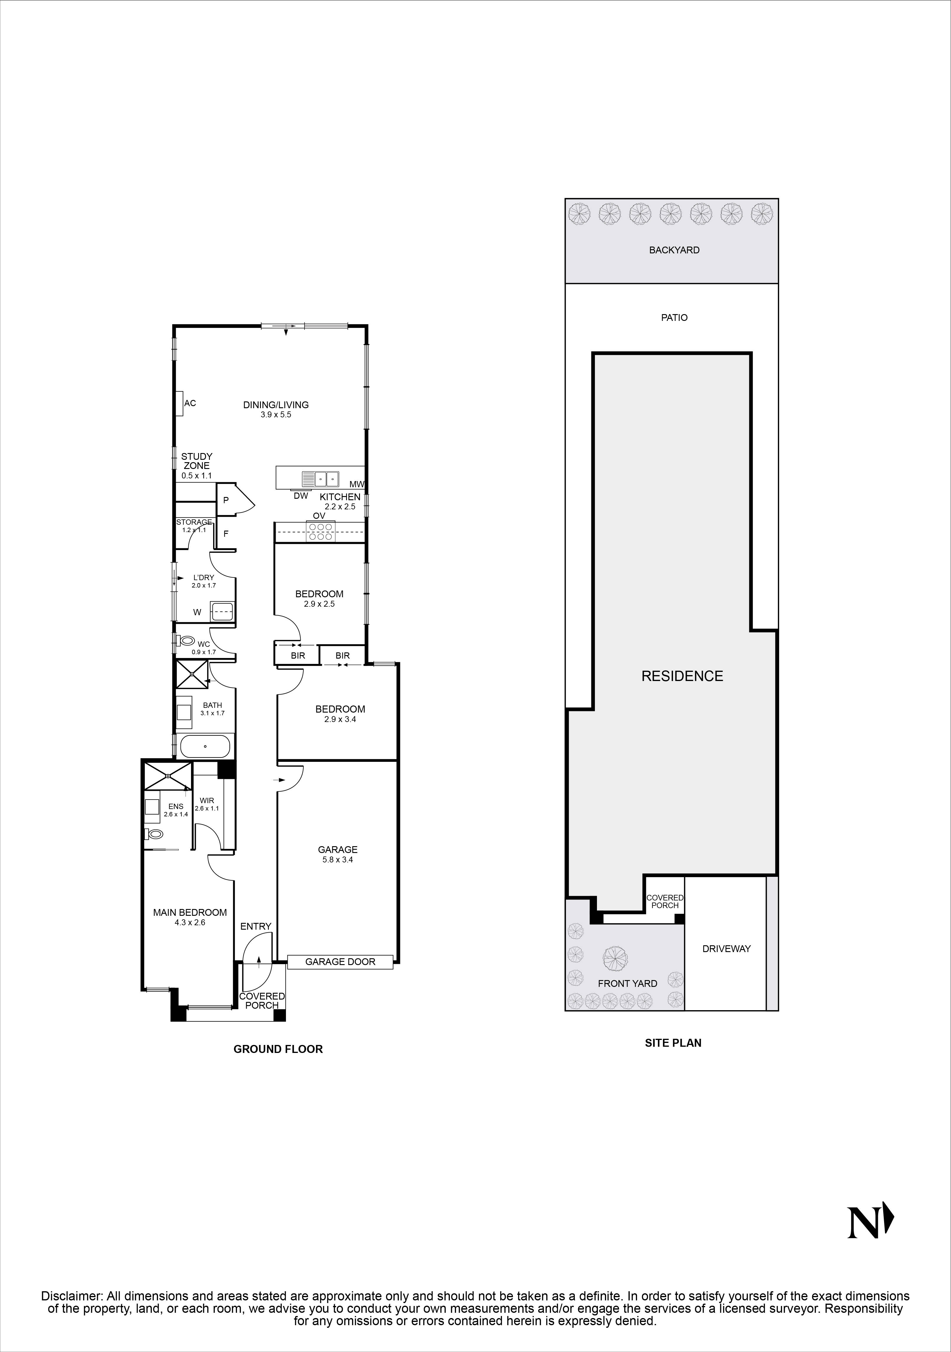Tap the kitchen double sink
[x=321, y=478]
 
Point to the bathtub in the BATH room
[x=205, y=747]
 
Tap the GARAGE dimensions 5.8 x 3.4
[x=338, y=860]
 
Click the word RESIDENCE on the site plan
[x=682, y=676]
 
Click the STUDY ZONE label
[x=197, y=461]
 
